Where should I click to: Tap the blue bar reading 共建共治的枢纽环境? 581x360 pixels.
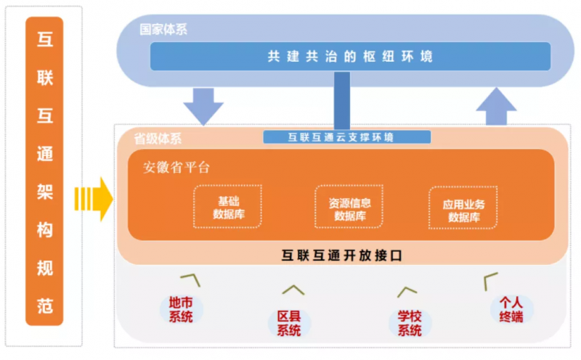pyautogui.click(x=350, y=56)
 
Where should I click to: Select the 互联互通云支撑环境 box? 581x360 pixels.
pyautogui.click(x=346, y=136)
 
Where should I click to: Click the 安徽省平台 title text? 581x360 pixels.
pyautogui.click(x=176, y=168)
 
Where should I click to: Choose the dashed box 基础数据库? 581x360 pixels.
pyautogui.click(x=227, y=207)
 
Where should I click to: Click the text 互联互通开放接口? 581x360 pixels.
pyautogui.click(x=341, y=255)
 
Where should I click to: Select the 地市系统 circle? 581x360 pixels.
pyautogui.click(x=181, y=309)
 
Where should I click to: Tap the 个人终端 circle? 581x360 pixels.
pyautogui.click(x=511, y=310)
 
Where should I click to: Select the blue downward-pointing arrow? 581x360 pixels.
pyautogui.click(x=203, y=105)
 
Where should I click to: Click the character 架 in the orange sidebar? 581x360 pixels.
pyautogui.click(x=45, y=190)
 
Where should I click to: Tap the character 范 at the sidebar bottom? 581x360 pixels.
pyautogui.click(x=45, y=306)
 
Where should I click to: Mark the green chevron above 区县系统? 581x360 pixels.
pyautogui.click(x=293, y=290)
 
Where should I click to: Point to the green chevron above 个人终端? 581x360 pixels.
pyautogui.click(x=491, y=278)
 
